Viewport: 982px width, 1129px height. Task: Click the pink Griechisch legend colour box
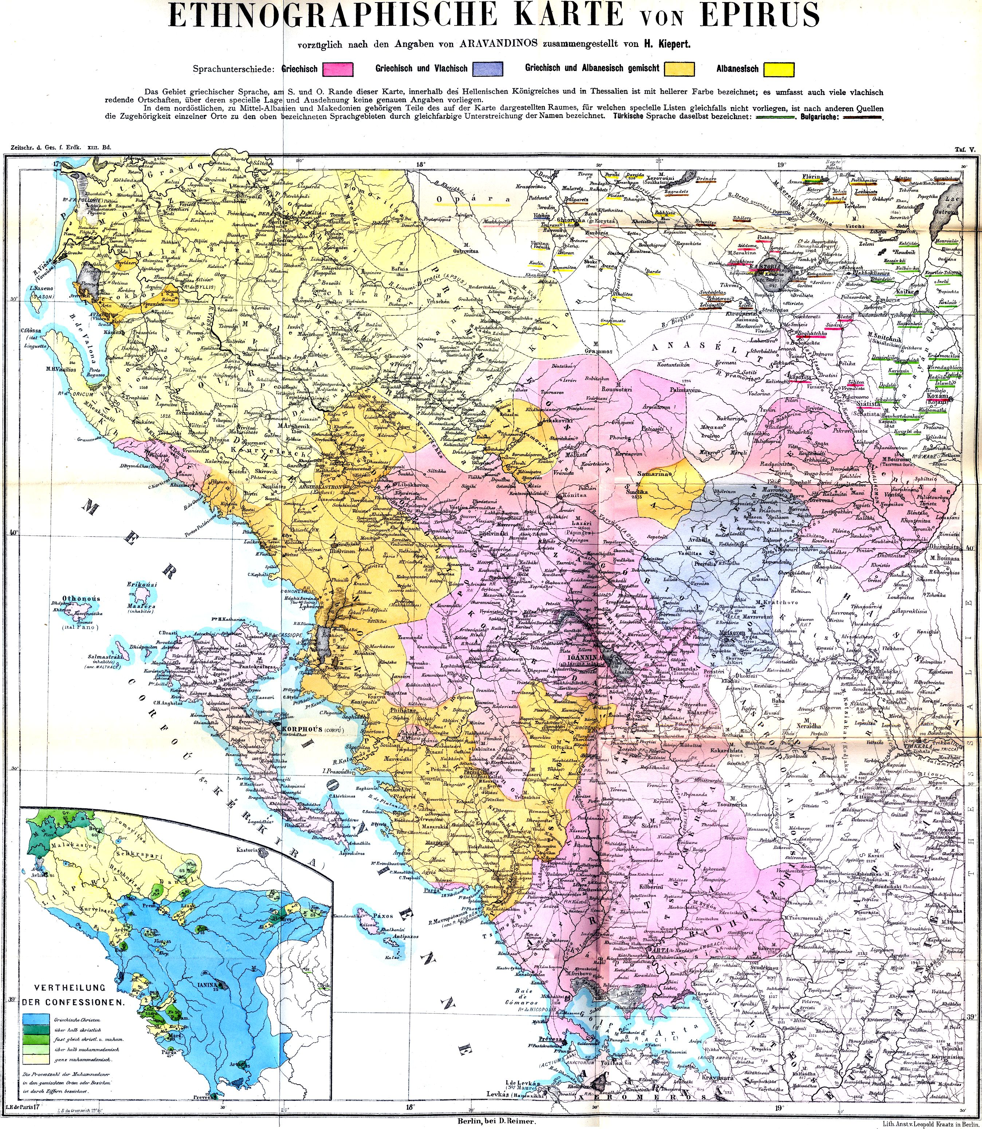point(338,69)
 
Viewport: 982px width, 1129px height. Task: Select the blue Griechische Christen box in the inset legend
point(34,1020)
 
